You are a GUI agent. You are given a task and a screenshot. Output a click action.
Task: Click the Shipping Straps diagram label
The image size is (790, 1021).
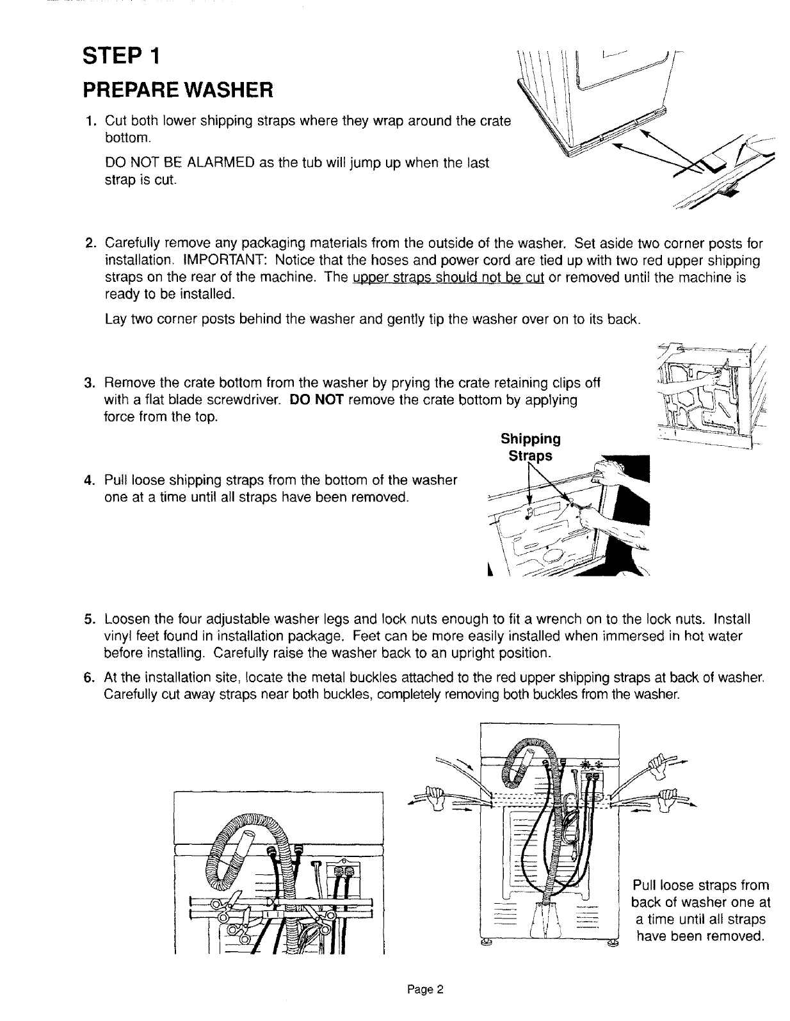[531, 447]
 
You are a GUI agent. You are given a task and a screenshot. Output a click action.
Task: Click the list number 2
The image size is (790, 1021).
[90, 244]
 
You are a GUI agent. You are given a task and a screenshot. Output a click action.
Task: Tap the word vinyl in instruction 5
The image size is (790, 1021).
[116, 637]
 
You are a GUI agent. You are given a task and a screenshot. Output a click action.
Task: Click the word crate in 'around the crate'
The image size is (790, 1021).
[497, 120]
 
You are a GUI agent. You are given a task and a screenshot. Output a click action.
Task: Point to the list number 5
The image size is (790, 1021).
[90, 619]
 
